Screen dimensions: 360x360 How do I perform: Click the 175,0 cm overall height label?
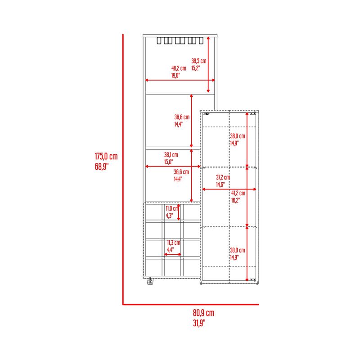[x=106, y=156]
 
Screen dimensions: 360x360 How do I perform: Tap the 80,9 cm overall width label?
[x=203, y=313]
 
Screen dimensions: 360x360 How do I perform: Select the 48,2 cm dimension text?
[x=179, y=68]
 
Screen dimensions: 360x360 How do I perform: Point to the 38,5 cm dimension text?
[x=199, y=61]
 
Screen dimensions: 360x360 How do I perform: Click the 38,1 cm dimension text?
[x=171, y=155]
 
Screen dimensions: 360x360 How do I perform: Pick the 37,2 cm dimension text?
[x=223, y=177]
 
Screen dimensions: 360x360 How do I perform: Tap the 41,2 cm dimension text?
[x=238, y=193]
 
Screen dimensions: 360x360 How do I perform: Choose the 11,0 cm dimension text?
[x=172, y=208]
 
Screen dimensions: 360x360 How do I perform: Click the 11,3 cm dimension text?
[x=174, y=243]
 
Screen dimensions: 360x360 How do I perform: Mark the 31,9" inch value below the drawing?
[x=199, y=323]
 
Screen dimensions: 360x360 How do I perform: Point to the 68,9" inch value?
[x=102, y=166]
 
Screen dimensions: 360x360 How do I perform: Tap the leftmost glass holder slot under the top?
[x=159, y=40]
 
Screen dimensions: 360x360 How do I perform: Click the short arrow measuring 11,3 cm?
[x=173, y=254]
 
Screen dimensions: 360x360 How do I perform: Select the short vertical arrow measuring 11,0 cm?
[x=179, y=212]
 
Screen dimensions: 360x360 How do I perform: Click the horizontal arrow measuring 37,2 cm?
[x=229, y=189]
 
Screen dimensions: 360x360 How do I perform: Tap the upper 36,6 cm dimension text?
[x=182, y=117]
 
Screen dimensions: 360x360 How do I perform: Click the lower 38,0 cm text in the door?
[x=238, y=250]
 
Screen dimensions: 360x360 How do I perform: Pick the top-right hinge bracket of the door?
[x=253, y=113]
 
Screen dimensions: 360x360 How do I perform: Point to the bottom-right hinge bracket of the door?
[x=253, y=280]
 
